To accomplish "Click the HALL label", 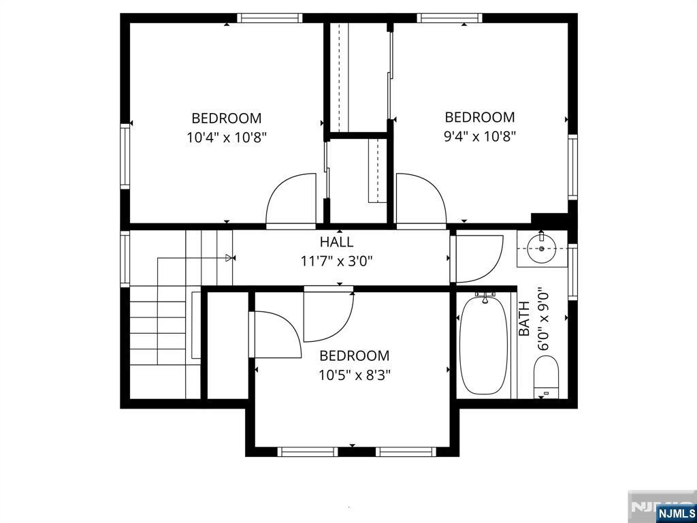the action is (336, 242).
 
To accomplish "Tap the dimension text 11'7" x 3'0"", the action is (336, 261).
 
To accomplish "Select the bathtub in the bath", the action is (484, 345).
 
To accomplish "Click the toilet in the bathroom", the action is (546, 376).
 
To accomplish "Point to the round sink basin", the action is (542, 249).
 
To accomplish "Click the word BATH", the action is (525, 319).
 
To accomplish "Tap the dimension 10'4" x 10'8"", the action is (227, 138).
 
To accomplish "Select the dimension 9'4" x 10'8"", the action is (480, 136).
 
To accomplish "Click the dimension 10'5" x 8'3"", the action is (354, 376).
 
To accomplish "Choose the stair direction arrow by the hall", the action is (229, 257).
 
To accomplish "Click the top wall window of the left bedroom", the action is (270, 18).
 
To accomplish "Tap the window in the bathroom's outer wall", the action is (572, 272).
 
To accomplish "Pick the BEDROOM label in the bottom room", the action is (354, 355).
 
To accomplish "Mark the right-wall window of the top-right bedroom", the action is (572, 167).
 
